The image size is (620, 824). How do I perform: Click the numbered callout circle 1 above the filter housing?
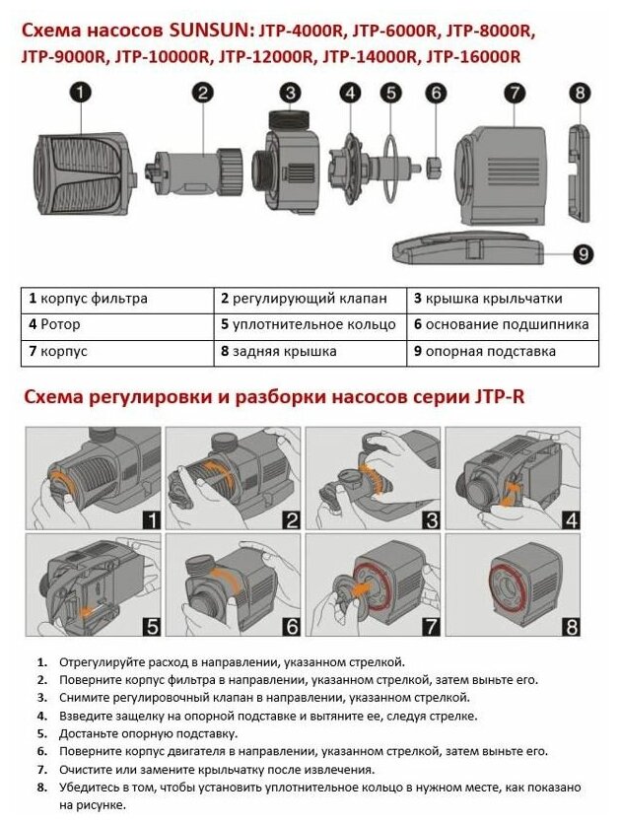[x=81, y=93]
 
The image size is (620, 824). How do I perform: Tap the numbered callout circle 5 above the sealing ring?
[x=392, y=94]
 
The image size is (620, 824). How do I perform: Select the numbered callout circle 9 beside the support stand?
[x=583, y=254]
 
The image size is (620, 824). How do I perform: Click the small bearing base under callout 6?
[x=435, y=161]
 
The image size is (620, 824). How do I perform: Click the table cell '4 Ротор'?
[x=117, y=324]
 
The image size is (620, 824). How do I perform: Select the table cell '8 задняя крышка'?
[x=310, y=351]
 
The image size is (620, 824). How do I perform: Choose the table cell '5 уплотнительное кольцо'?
[x=310, y=324]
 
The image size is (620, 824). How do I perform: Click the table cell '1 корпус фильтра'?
[x=117, y=298]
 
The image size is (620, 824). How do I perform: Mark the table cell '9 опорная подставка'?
[x=502, y=351]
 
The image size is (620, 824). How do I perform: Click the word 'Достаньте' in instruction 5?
[x=94, y=733]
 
